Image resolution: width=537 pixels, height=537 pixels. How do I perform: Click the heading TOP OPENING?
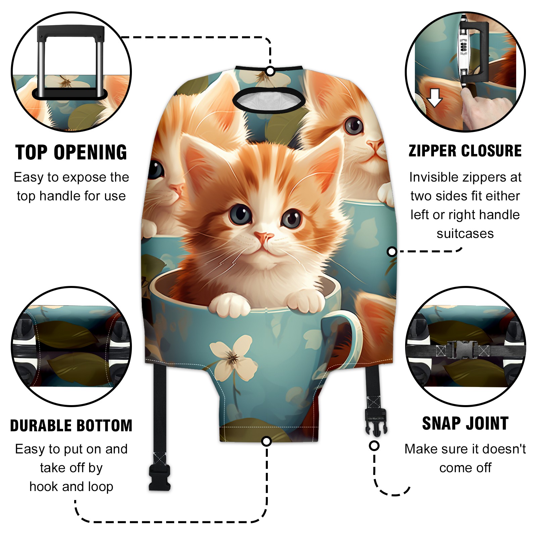[x=71, y=152]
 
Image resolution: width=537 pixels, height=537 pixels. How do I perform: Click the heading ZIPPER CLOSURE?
[x=465, y=151]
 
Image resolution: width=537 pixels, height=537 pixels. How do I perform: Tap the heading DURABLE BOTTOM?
[x=71, y=426]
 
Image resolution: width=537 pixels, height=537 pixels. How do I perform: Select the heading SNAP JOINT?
[x=465, y=423]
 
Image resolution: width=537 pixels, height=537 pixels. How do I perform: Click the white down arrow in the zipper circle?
[x=435, y=98]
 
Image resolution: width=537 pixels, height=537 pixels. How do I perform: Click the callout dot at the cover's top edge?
[x=270, y=71]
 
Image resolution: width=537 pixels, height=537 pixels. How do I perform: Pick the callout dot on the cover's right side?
[x=392, y=251]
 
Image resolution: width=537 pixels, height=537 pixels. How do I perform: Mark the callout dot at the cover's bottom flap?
[x=266, y=441]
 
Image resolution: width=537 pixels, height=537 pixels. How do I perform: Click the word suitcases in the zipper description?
[x=465, y=234]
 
